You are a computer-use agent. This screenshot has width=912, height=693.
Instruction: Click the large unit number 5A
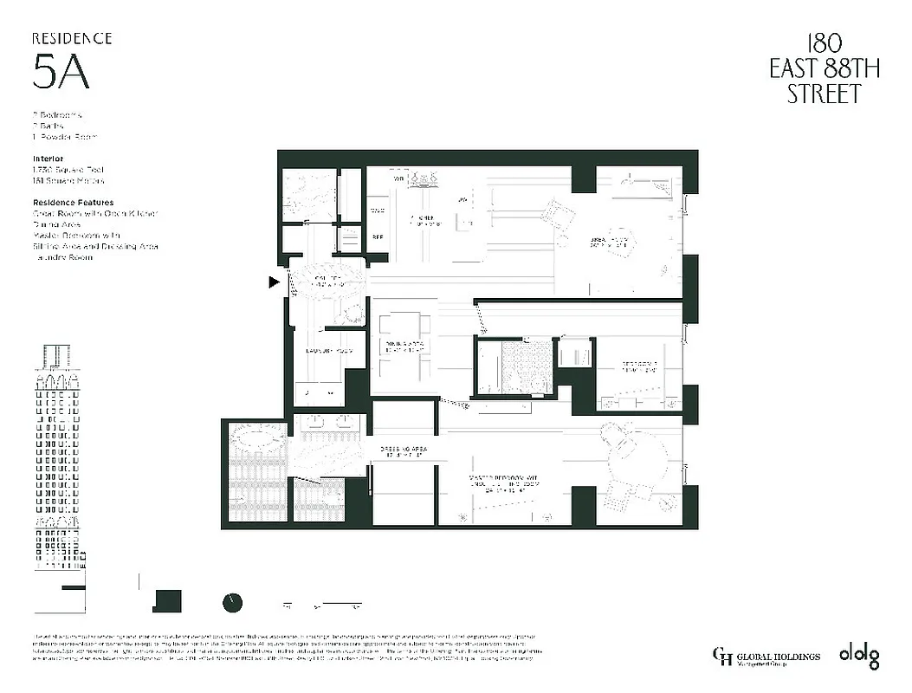[x=61, y=73]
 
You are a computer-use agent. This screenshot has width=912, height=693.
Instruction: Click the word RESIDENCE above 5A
[x=72, y=38]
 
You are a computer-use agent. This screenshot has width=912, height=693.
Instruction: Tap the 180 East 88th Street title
[x=824, y=70]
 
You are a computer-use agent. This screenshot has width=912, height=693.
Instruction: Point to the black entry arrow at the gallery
[x=275, y=282]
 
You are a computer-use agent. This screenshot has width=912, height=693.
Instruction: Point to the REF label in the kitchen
[x=378, y=235]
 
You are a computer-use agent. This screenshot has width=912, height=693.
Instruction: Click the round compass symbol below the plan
[x=232, y=602]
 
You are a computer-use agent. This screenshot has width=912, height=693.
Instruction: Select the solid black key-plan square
[x=167, y=601]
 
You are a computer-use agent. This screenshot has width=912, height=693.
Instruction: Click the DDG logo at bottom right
[x=858, y=656]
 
